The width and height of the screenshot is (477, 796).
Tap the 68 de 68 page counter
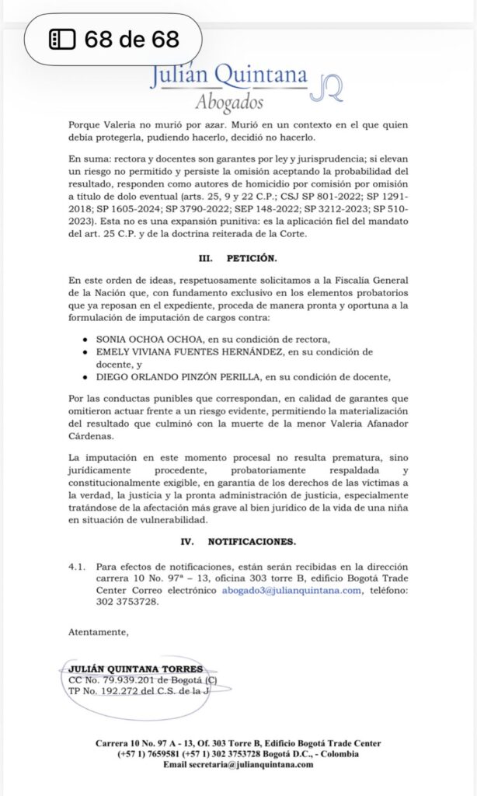[x=114, y=39]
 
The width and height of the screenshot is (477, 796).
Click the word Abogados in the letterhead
[x=229, y=102]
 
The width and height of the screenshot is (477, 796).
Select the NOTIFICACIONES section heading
[x=256, y=539]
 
